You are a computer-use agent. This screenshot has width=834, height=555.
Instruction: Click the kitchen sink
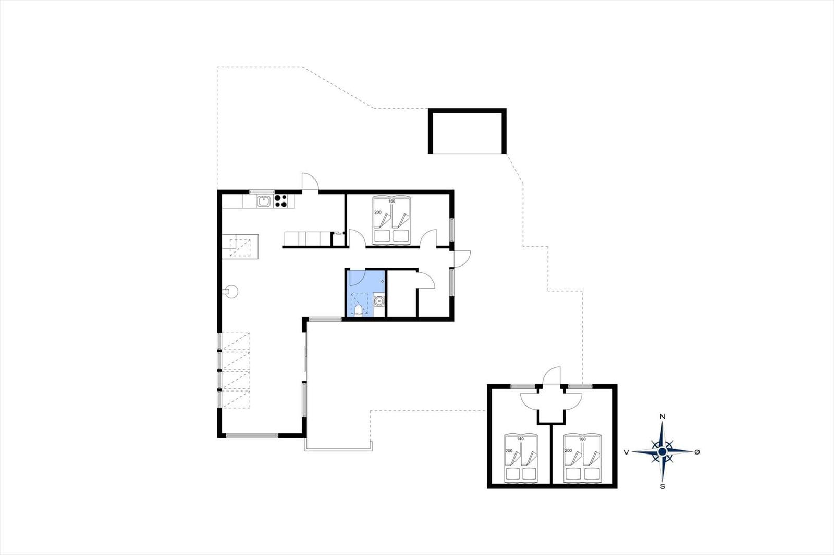264,201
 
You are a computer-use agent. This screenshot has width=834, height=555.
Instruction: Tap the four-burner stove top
281,201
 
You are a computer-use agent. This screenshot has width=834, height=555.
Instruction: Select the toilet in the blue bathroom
359,310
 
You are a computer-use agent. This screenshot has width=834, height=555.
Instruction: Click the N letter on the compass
663,417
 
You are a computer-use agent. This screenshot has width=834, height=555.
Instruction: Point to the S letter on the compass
663,486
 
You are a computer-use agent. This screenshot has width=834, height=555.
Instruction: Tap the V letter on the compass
627,452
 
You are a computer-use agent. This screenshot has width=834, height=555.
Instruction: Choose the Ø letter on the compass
697,451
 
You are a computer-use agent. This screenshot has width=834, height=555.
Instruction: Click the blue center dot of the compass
662,451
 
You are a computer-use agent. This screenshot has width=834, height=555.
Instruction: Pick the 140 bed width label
520,439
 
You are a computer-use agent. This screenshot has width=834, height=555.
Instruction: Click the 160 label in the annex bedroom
582,439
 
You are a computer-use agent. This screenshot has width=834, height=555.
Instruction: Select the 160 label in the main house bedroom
391,201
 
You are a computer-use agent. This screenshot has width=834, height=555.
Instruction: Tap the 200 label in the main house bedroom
377,212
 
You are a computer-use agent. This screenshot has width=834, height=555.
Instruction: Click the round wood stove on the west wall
231,291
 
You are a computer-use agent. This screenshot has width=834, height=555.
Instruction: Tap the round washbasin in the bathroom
378,300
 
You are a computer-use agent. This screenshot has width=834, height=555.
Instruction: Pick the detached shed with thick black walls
467,131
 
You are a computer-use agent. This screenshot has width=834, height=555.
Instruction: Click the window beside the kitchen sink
262,192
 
